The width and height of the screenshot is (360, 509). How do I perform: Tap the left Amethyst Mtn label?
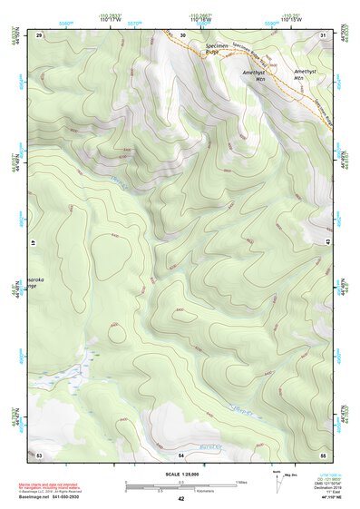pos(256,75)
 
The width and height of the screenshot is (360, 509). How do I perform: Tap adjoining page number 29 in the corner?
pos(39,34)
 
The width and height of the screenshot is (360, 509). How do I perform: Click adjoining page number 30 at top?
pos(182,34)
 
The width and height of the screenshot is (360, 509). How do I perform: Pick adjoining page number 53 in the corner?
pos(39,453)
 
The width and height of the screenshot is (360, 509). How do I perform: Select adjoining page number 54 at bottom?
pos(181,453)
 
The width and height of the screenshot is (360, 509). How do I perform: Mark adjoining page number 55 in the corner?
pos(324,453)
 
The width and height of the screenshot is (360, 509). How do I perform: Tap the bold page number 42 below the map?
pos(181,499)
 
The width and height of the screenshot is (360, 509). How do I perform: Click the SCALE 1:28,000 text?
pos(181,474)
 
